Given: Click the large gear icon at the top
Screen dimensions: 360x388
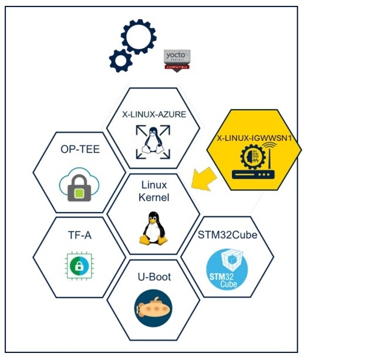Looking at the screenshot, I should click(139, 36).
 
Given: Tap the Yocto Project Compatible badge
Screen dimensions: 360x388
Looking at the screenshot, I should click(177, 60).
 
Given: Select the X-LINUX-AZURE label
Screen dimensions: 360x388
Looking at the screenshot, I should click(154, 115).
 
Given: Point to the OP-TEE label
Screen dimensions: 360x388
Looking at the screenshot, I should click(80, 149).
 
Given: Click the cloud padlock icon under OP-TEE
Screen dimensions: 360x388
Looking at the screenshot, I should click(79, 184).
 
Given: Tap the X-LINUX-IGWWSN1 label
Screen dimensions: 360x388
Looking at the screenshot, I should click(254, 138).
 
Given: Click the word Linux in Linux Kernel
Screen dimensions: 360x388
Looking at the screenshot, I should click(153, 186).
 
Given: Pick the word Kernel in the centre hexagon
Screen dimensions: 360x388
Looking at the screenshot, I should click(153, 197).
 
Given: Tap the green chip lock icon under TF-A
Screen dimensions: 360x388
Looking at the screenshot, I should click(77, 266).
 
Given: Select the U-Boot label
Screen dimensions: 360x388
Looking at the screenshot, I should click(154, 276).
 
